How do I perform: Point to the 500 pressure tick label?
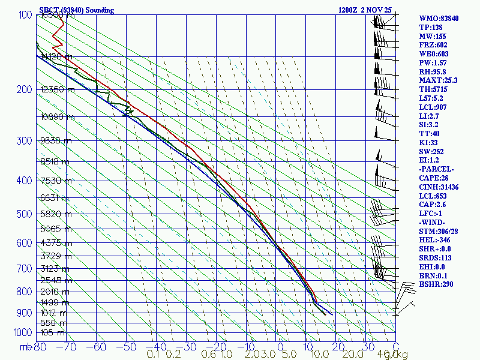tap(24, 214)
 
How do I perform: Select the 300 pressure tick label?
tap(24, 141)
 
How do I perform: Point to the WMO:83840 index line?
tap(439, 19)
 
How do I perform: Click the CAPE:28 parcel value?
tap(434, 178)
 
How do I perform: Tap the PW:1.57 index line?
tap(433, 62)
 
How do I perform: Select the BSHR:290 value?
tap(436, 284)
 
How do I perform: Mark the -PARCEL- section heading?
tap(436, 169)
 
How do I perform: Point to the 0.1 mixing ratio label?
tap(154, 355)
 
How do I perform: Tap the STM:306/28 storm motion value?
tap(439, 231)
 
